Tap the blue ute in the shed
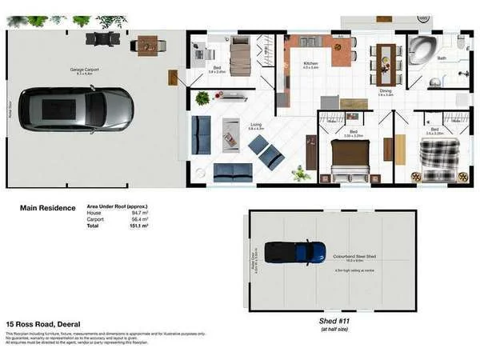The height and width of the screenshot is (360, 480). (295, 252)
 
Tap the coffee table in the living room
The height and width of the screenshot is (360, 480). (230, 134)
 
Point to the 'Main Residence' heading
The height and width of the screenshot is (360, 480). (47, 208)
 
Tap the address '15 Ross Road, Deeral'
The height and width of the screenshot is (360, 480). (42, 324)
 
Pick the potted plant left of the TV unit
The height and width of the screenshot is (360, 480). (202, 98)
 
